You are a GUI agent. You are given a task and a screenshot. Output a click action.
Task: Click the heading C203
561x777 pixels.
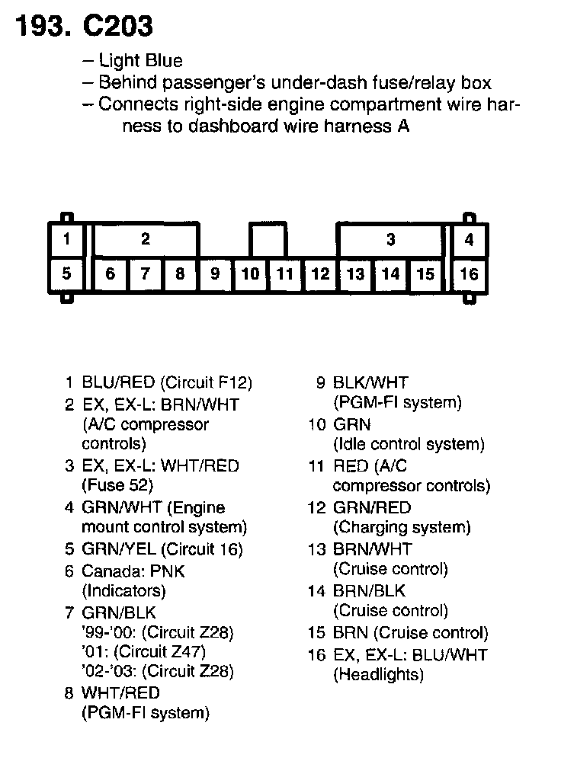(x=114, y=27)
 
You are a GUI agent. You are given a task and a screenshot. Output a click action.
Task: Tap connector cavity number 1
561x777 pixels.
(x=67, y=240)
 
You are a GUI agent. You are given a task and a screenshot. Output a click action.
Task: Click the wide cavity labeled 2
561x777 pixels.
(x=145, y=240)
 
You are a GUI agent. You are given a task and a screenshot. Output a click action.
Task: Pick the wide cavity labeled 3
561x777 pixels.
(x=390, y=240)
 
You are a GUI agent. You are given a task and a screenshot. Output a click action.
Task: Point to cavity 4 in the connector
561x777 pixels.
(x=469, y=240)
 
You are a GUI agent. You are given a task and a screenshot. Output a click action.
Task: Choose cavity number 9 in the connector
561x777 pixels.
(x=215, y=273)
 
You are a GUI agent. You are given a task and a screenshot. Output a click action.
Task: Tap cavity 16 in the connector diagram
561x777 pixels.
(x=469, y=273)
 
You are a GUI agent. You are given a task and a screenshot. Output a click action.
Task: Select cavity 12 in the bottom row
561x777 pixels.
(x=320, y=273)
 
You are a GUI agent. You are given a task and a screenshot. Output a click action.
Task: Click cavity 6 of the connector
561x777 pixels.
(x=110, y=273)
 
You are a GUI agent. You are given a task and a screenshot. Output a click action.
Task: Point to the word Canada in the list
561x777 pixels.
(x=106, y=571)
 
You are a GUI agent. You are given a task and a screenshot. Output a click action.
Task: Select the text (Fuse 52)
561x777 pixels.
(x=117, y=485)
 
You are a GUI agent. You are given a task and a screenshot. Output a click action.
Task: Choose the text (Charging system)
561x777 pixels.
(x=402, y=527)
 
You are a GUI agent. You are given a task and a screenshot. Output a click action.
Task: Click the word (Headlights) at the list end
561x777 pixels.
(x=378, y=674)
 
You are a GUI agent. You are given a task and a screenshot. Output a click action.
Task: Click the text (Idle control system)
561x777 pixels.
(x=409, y=444)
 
